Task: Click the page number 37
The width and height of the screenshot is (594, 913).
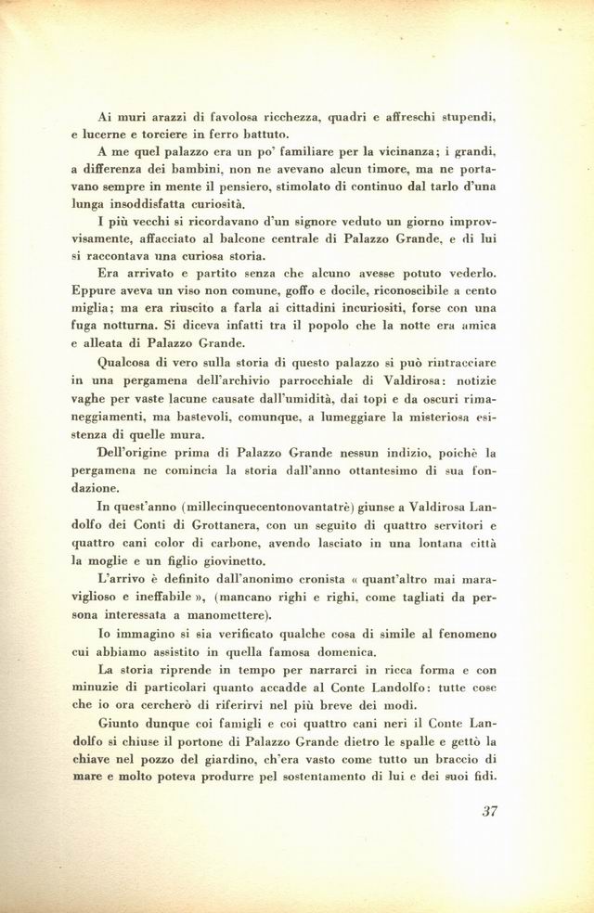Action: [492, 810]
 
